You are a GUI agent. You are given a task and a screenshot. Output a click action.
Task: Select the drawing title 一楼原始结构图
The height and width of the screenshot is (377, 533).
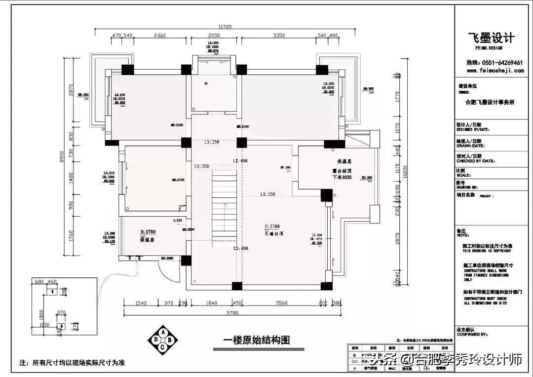pos(256,340)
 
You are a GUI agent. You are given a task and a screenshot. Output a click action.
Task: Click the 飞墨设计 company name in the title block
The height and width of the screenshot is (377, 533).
pos(491,38)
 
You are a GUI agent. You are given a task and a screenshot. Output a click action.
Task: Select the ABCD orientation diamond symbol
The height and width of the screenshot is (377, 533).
pos(163,339)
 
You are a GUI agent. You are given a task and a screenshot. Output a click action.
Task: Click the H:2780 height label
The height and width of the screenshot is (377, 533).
pos(148,231)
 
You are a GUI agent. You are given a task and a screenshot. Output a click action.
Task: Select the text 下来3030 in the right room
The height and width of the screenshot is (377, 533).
pos(341,177)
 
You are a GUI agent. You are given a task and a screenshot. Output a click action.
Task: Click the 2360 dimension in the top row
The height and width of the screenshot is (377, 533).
pos(159,36)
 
